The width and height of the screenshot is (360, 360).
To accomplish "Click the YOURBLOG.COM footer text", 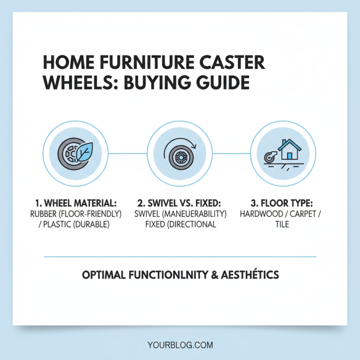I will (x=180, y=345).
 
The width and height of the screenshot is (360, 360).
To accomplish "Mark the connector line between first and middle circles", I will (x=127, y=153).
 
